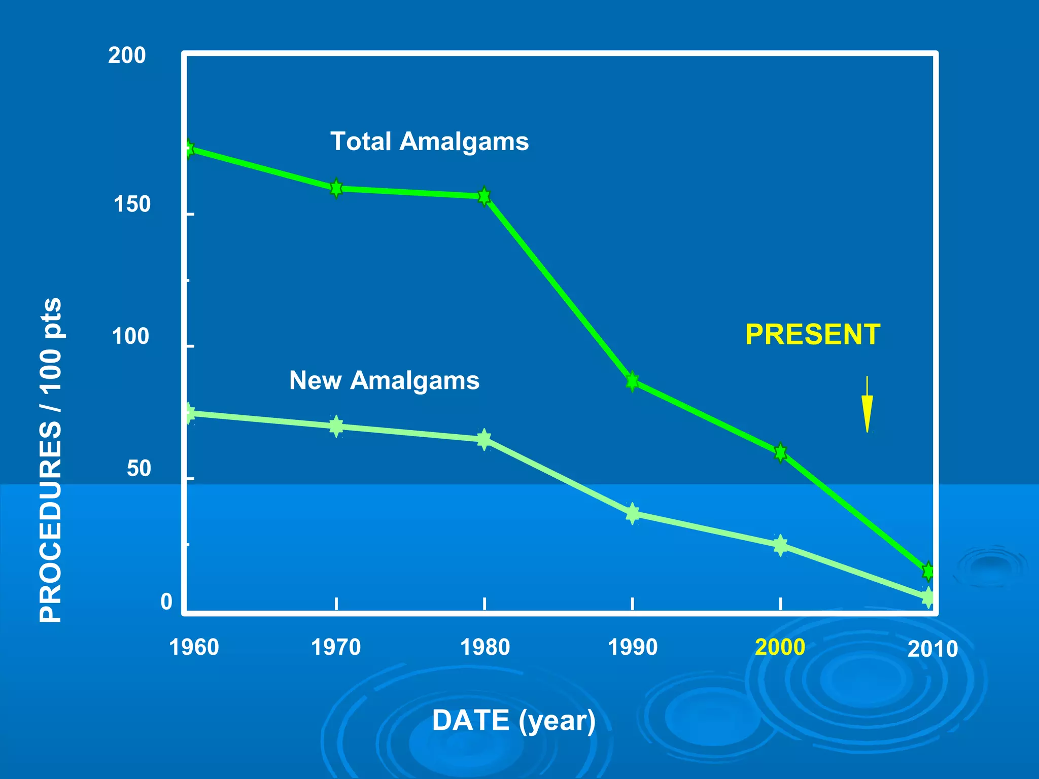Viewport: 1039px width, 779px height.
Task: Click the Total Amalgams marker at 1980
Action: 484,196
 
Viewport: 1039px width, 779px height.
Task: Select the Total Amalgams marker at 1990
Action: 632,381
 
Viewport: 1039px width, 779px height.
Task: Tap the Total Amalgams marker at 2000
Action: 780,452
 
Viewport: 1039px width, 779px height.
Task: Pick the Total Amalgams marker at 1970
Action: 336,189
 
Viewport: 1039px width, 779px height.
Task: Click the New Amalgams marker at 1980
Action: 484,439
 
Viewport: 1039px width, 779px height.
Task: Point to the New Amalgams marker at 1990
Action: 632,514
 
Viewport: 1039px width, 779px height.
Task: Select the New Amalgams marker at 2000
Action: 780,546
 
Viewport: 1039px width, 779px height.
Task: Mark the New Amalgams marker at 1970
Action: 336,426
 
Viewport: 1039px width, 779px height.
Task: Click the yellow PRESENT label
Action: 812,335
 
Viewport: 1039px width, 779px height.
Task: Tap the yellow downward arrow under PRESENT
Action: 867,406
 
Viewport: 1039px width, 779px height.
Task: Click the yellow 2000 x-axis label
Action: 780,647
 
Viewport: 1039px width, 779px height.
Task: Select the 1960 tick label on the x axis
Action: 194,648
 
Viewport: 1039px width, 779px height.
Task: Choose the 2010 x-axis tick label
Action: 932,649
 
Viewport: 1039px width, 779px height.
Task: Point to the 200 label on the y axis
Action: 127,55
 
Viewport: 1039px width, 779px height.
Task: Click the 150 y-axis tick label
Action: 132,204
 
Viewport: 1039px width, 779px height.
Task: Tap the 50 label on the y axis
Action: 138,469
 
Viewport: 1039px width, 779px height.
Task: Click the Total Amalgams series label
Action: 429,141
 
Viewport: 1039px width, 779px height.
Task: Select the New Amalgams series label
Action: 384,380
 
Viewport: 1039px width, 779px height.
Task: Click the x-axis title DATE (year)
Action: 513,720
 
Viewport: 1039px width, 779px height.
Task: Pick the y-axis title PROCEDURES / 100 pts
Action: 51,459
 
